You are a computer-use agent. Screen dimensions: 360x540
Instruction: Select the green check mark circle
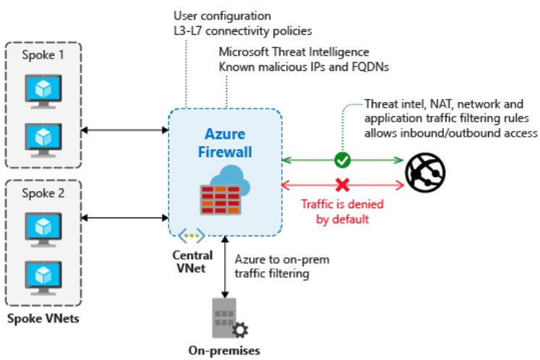(x=343, y=159)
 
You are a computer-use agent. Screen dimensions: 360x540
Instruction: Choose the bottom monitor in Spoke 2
(x=44, y=275)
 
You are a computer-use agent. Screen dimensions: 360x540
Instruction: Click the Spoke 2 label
(x=44, y=193)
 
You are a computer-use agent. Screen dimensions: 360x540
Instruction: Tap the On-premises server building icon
(x=227, y=319)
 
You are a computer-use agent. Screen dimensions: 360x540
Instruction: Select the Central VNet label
(x=192, y=261)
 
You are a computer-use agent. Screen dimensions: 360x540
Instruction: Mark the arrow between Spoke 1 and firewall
(x=125, y=130)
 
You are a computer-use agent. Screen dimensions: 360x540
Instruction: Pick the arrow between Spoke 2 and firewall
(x=125, y=217)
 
